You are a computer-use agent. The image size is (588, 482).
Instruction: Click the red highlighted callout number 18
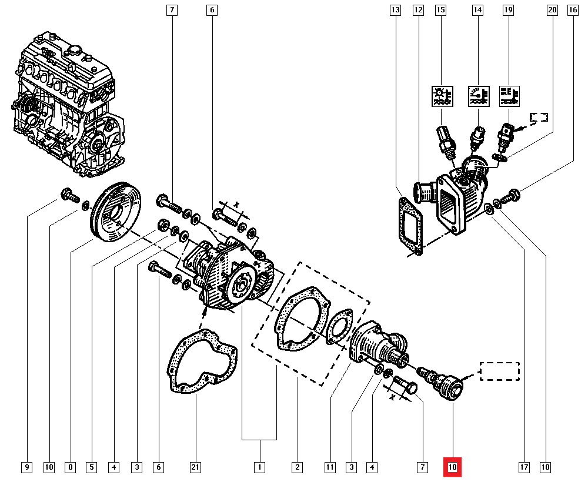[453, 467]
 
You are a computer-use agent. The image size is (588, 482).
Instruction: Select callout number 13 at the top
[395, 10]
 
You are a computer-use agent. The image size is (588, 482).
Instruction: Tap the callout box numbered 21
[195, 468]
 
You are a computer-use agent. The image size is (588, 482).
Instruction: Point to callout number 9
[26, 468]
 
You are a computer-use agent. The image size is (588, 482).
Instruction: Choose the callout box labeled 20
[552, 10]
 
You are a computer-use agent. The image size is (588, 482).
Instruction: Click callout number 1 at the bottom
[258, 468]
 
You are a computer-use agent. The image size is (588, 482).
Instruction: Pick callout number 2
[298, 468]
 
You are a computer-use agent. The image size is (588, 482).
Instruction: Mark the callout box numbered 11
[330, 468]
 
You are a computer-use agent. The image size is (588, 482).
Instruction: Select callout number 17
[524, 468]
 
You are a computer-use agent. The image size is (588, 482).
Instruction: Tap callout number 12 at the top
[418, 10]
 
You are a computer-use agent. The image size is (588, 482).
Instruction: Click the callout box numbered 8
[70, 468]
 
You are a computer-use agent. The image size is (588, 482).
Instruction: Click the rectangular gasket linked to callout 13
[410, 227]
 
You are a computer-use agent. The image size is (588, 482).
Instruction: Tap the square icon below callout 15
[441, 95]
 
